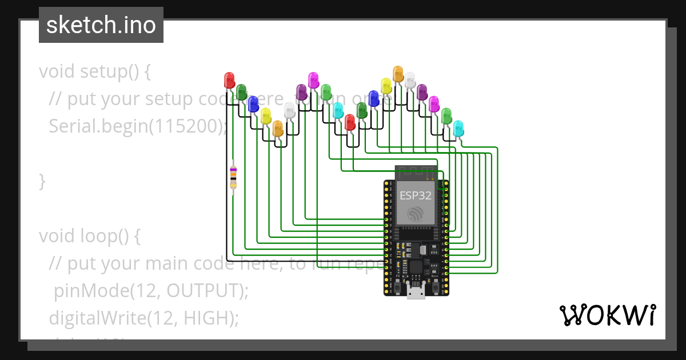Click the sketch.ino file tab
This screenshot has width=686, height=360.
pyautogui.click(x=101, y=25)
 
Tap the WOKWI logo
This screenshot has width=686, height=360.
pyautogui.click(x=607, y=315)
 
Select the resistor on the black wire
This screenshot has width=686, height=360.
pyautogui.click(x=233, y=177)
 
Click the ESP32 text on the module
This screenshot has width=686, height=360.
pyautogui.click(x=416, y=195)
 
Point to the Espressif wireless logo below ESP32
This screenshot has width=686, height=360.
pyautogui.click(x=416, y=214)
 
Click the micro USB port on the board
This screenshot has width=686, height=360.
pyautogui.click(x=416, y=292)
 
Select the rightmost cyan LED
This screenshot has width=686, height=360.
pyautogui.click(x=458, y=128)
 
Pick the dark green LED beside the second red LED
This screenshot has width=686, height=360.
pyautogui.click(x=362, y=110)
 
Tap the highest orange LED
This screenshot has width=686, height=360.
pyautogui.click(x=398, y=74)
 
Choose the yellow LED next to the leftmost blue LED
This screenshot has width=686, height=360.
pyautogui.click(x=266, y=115)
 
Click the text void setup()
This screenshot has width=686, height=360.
pyautogui.click(x=95, y=72)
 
